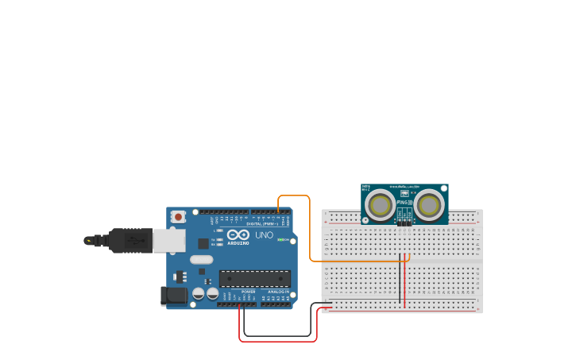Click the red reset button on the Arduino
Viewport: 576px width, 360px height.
[179, 216]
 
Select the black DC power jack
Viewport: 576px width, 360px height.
[174, 296]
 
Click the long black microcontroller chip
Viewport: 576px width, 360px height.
[254, 279]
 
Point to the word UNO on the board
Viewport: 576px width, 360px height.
[264, 235]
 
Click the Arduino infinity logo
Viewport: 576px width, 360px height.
[238, 234]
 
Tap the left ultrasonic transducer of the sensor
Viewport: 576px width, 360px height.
[380, 206]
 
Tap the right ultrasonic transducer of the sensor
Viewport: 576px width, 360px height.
[429, 206]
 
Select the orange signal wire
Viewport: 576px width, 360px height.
[309, 230]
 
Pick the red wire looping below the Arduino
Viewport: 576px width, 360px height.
[278, 341]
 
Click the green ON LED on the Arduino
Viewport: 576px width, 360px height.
[280, 240]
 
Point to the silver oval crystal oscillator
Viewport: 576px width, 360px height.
[202, 259]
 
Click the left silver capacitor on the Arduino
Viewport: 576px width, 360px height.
[199, 293]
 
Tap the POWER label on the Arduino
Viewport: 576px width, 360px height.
[247, 292]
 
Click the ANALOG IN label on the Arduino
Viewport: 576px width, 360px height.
[278, 292]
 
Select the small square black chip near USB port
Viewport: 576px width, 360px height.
[203, 244]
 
